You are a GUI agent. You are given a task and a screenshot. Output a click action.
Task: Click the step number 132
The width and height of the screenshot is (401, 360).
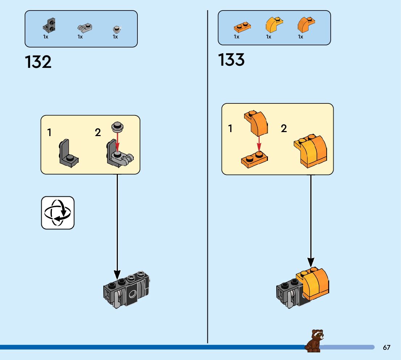(38, 62)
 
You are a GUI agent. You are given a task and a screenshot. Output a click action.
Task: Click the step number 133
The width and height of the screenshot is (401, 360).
(231, 60)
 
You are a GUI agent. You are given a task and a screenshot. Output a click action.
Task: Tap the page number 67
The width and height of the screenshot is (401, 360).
(386, 347)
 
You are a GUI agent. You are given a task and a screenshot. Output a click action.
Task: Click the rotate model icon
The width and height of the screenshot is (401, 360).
(58, 213)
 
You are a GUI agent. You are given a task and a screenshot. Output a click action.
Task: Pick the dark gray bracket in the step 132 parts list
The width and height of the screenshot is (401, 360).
(49, 25)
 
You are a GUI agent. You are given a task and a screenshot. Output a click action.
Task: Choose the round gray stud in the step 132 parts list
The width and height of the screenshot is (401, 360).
(116, 28)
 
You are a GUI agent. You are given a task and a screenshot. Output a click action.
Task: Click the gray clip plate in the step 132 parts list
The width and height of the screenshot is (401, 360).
(84, 27)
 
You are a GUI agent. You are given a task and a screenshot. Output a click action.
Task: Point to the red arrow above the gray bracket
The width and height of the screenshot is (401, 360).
(117, 142)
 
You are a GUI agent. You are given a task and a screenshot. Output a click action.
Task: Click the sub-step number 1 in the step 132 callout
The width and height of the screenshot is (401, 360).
(49, 133)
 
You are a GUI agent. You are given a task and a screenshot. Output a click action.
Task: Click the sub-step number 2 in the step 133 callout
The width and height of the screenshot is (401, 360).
(284, 128)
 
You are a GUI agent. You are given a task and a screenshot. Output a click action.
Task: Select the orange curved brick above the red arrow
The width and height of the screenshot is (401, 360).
(257, 122)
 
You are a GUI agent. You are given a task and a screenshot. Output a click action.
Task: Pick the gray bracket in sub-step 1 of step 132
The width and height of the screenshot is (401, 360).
(68, 153)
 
